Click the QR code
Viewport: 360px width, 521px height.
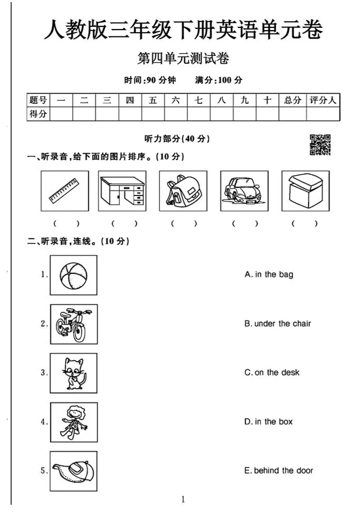click(320, 145)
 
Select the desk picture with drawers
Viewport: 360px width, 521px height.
click(122, 191)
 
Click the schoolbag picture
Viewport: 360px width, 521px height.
click(183, 191)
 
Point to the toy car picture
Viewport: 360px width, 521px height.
click(244, 191)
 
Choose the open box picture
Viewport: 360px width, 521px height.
click(305, 191)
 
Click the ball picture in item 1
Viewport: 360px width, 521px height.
click(74, 275)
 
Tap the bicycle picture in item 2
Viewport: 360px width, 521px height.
click(74, 324)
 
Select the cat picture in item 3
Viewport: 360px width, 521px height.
click(74, 373)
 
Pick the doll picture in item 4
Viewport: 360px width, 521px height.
click(74, 422)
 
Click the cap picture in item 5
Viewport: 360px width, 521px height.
click(74, 471)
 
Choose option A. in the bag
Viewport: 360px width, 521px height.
click(269, 274)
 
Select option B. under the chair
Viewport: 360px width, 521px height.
click(277, 323)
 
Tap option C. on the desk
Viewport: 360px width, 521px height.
click(272, 372)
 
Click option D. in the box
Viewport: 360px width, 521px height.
click(268, 421)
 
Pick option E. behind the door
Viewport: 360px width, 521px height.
click(278, 470)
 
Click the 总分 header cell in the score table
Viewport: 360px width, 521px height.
click(293, 100)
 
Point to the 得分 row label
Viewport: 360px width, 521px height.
click(38, 114)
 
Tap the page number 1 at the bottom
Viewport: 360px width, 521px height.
click(183, 499)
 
